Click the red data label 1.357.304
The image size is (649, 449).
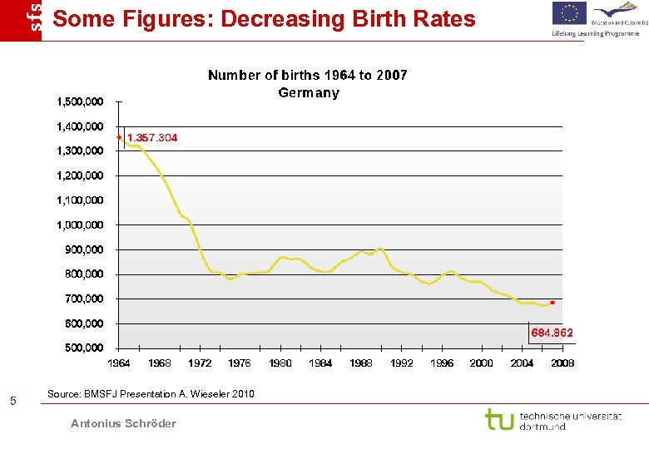[151, 137]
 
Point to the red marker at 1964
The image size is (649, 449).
[119, 137]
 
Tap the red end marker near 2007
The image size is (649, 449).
[552, 303]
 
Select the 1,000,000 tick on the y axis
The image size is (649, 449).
[80, 224]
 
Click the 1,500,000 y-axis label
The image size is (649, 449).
[80, 101]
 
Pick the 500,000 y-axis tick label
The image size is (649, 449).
[83, 348]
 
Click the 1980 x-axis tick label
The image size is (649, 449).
[280, 363]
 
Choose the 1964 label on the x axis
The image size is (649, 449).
[119, 363]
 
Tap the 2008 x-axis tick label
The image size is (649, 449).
[562, 363]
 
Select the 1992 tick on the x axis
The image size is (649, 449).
[401, 363]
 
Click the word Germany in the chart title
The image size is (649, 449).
[308, 92]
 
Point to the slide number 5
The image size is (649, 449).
[12, 402]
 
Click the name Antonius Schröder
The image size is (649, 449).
[123, 423]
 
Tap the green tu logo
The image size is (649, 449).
[499, 419]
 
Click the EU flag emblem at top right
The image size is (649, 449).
[569, 14]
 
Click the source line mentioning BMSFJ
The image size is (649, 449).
[151, 393]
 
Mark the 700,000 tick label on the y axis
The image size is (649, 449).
[83, 299]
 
